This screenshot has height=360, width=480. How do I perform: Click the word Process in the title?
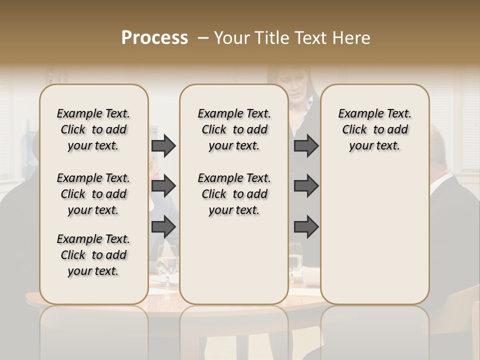154,37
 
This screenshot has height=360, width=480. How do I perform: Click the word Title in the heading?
270,37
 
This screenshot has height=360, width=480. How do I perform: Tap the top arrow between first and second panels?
163,146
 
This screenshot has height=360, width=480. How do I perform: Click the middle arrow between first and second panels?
163,186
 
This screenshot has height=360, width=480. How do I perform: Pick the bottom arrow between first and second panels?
163,226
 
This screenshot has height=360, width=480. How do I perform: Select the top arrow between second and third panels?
306,146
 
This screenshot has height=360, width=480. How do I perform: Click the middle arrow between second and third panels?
306,186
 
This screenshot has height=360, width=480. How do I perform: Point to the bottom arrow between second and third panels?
306,226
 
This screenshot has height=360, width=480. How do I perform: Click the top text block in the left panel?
93,129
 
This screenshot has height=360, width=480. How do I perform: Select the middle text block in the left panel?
93,194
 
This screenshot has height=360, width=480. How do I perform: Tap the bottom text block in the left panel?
93,255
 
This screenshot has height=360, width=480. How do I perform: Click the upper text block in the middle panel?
234,129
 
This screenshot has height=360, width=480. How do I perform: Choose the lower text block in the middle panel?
234,194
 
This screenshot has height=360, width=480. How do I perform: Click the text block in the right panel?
374,129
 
